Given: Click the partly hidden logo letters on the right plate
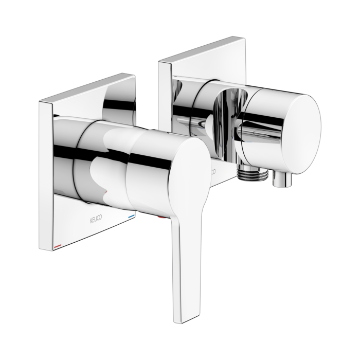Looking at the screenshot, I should point(212,169).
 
